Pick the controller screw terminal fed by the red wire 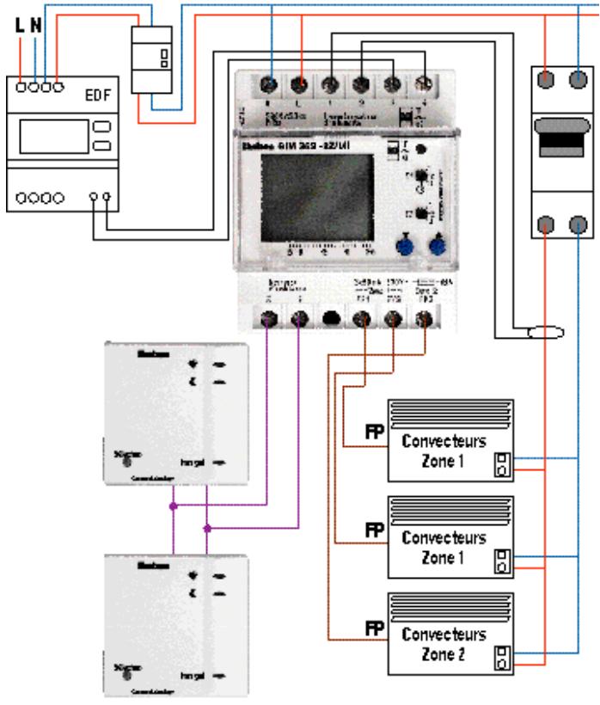(302, 84)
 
